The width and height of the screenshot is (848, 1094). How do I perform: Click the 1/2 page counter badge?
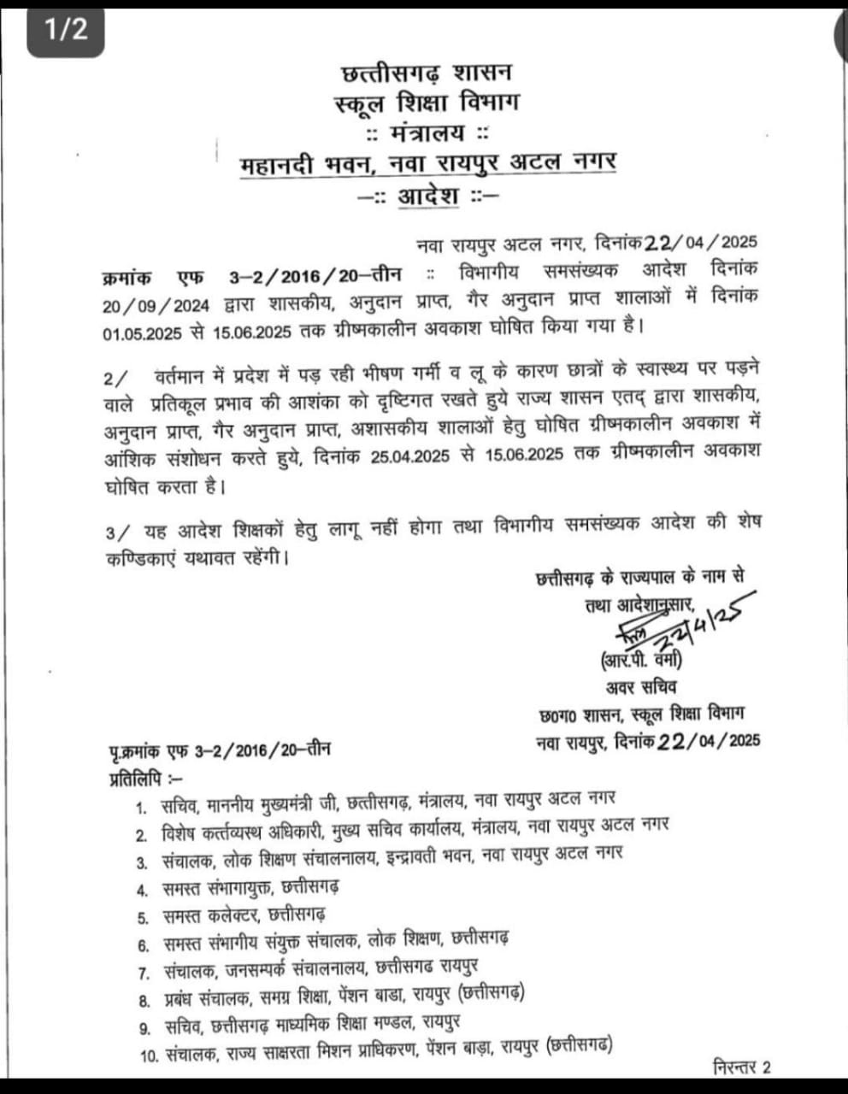point(66,29)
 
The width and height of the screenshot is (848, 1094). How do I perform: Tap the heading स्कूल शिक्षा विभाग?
point(426,103)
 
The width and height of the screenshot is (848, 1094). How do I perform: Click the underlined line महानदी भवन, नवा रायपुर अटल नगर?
point(427,162)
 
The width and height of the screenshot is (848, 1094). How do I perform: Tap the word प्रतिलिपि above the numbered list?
point(137,778)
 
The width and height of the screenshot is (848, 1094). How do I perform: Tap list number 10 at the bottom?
point(149,1056)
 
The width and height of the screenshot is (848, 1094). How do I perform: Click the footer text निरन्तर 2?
point(740,1067)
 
